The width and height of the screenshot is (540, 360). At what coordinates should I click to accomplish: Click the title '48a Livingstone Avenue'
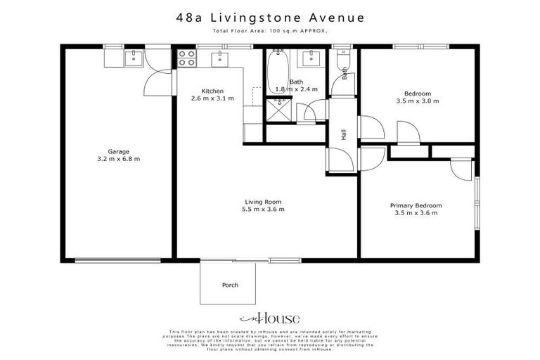coord(269,17)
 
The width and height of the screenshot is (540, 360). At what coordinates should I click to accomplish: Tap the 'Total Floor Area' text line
coord(269,32)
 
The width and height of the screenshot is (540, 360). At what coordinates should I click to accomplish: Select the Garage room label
coord(117,151)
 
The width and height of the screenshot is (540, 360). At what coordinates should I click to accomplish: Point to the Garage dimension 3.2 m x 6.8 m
coord(117,159)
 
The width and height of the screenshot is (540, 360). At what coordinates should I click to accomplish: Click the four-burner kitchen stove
coord(186,58)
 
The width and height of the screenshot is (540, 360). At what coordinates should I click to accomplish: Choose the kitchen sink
coord(220,58)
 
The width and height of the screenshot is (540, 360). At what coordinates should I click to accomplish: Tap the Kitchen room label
coord(212,91)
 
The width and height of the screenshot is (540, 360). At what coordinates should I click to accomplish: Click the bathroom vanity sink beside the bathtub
coord(310,57)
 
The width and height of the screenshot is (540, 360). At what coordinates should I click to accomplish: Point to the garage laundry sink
coord(134,58)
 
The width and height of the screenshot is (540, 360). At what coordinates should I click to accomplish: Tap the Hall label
coord(344,135)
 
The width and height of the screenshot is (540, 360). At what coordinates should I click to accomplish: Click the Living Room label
coord(266,202)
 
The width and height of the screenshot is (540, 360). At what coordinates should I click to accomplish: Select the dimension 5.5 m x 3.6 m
coord(266,210)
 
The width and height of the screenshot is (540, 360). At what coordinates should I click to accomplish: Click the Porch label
coord(230,285)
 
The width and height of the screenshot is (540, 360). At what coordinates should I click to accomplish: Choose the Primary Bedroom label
coord(417,205)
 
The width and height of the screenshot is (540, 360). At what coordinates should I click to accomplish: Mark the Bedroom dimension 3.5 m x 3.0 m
coord(417,101)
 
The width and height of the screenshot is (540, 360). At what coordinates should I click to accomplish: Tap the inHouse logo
coord(269,318)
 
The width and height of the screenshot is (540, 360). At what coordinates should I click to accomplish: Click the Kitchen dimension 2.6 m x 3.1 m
coord(212,99)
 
